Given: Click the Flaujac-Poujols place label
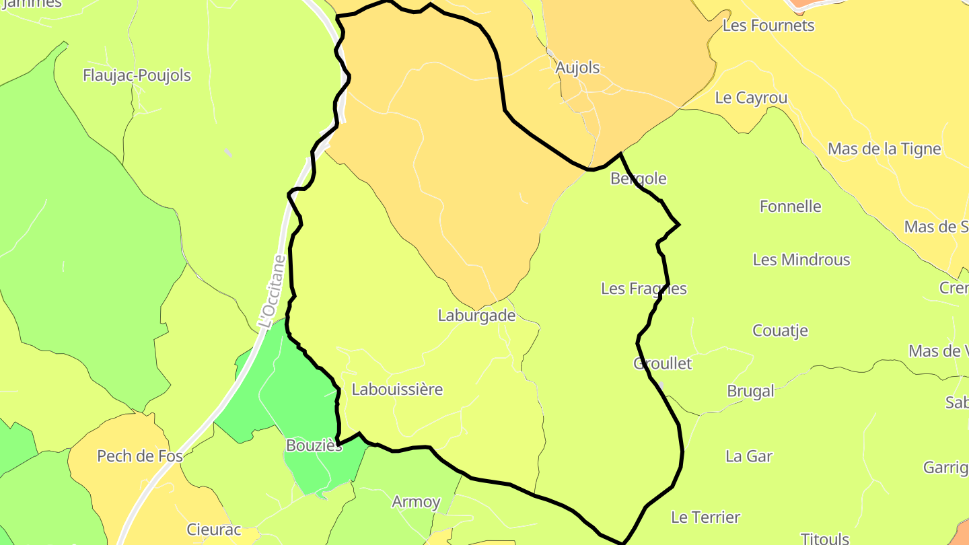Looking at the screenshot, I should [x=137, y=75].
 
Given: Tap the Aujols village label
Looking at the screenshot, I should [x=577, y=67].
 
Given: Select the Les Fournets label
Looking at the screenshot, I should [x=768, y=26].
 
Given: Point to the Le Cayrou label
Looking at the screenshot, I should [x=751, y=98].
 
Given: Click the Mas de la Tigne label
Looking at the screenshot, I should [x=884, y=149].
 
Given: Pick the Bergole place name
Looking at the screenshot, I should [x=638, y=178].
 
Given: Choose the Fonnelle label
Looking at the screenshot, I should [x=791, y=206].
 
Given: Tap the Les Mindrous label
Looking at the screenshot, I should [x=801, y=260].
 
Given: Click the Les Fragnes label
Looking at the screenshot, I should [x=643, y=289].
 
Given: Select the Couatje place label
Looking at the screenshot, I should [x=780, y=330].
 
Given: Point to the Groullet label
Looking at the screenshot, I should [x=662, y=363].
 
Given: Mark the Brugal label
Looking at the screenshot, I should [x=751, y=391].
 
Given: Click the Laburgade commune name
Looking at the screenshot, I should [x=476, y=315].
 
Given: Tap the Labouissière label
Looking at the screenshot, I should [x=397, y=389].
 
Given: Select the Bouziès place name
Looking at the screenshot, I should [x=314, y=445].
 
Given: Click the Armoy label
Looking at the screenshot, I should [x=416, y=501].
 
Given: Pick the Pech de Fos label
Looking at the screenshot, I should [x=140, y=456].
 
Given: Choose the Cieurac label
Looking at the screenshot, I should [x=214, y=530].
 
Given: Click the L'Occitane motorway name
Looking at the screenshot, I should [x=271, y=291].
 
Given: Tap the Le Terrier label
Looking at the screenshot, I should [x=705, y=517].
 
